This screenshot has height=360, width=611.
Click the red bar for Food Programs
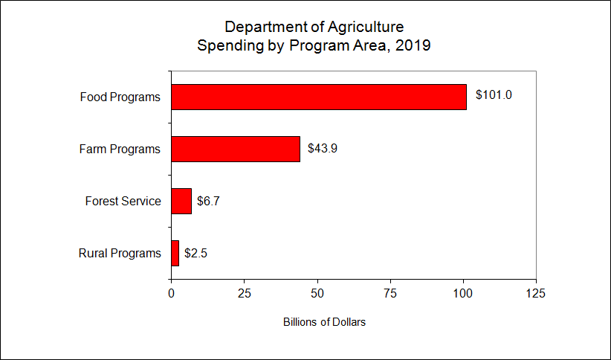pos(319,97)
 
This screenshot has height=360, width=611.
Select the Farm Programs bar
pos(236,149)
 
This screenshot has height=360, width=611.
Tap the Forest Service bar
pos(181,201)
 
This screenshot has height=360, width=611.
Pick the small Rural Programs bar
pos(175,253)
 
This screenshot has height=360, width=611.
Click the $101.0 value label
pos(494,95)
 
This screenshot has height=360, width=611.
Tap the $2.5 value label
pos(195,253)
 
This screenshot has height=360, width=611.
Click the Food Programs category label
pos(120,97)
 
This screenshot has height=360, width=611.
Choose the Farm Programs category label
pos(120,149)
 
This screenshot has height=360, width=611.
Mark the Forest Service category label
pos(123,201)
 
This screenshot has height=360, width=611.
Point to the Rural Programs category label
pos(120,253)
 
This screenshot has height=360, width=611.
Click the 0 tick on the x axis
pos(172,293)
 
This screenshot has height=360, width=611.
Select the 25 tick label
pos(245,293)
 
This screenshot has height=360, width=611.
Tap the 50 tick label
pos(317,293)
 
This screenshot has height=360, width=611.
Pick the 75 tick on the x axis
pos(390,293)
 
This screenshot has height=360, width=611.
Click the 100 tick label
pos(463,293)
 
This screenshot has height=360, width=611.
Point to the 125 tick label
pos(536,293)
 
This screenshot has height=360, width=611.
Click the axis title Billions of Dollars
pos(324,323)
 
